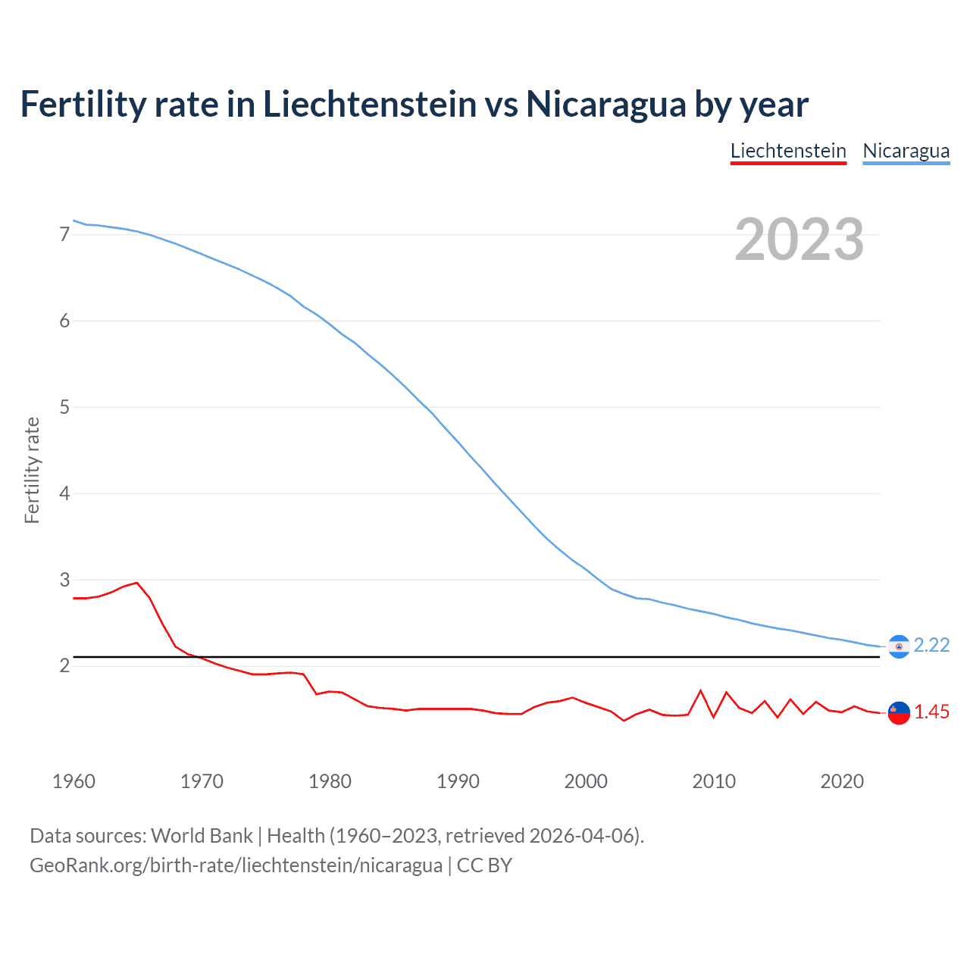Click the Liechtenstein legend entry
coord(788,151)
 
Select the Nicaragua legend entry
coord(906,151)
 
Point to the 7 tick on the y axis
coord(64,235)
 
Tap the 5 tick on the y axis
coord(64,408)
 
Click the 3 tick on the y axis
coord(64,580)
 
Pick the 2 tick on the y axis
coord(64,666)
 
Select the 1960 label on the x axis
coord(74,781)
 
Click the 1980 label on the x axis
coord(330,781)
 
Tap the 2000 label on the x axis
coord(586,781)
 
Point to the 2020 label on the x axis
coord(842,781)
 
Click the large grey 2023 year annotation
coord(799,239)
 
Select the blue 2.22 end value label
coord(931,645)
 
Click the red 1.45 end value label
coord(931,712)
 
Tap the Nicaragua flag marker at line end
coord(899,646)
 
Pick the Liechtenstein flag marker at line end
coord(899,713)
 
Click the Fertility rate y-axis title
coord(32,470)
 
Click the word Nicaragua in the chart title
coord(607,104)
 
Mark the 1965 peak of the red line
coord(136,583)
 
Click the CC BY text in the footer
coord(484,865)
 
